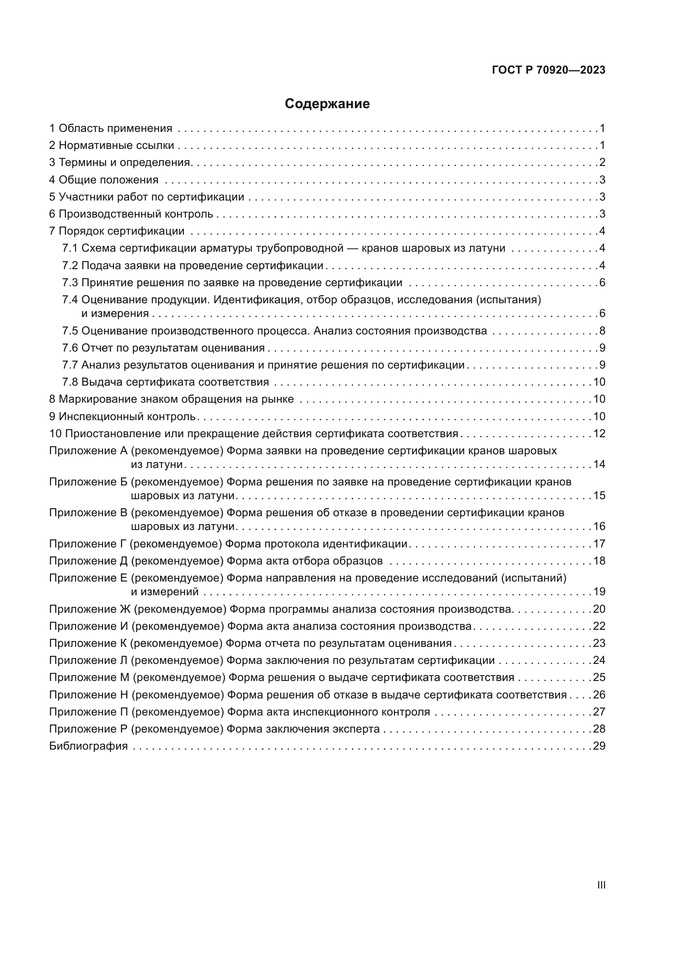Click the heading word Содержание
click(x=327, y=104)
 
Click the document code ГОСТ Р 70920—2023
click(x=549, y=70)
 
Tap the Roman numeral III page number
click(x=601, y=885)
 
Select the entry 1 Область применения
click(x=111, y=129)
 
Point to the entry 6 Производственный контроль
click(x=131, y=214)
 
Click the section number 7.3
click(x=70, y=282)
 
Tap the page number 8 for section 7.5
click(x=602, y=331)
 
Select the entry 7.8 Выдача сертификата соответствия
click(x=165, y=382)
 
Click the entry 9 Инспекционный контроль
click(x=122, y=416)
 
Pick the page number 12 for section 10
click(x=599, y=433)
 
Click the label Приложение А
click(x=88, y=451)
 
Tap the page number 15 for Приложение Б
click(x=599, y=495)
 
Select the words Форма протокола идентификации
click(x=316, y=544)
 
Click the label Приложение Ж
click(x=90, y=609)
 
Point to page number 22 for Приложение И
click(x=599, y=626)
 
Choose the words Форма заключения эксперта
click(x=303, y=729)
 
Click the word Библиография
click(x=88, y=746)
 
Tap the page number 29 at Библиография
click(x=599, y=746)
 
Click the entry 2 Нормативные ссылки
click(x=111, y=145)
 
